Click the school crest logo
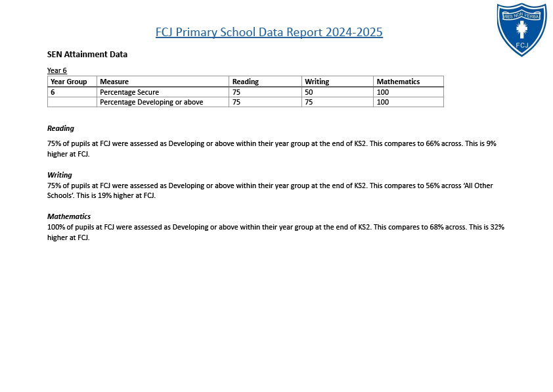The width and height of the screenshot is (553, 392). [521, 29]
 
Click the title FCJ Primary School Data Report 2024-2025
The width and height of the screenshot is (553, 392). [269, 32]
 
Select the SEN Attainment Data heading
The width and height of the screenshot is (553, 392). [87, 55]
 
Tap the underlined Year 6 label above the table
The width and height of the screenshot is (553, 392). [57, 70]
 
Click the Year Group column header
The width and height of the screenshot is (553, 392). [69, 82]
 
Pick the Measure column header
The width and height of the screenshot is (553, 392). [114, 82]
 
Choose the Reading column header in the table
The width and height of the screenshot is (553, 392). [246, 82]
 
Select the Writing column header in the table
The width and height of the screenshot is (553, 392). [317, 82]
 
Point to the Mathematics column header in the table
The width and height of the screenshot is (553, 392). [398, 82]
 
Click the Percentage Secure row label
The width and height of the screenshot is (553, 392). [129, 92]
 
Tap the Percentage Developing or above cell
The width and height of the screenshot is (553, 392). [152, 102]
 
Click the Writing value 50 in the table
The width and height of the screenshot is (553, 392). [309, 92]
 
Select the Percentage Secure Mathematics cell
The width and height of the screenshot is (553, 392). [383, 92]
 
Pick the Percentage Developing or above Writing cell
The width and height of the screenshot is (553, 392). [309, 102]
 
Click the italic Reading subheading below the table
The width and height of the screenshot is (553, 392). [60, 128]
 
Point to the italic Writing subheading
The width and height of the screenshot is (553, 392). [60, 175]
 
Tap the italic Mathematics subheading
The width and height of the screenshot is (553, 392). [69, 216]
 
